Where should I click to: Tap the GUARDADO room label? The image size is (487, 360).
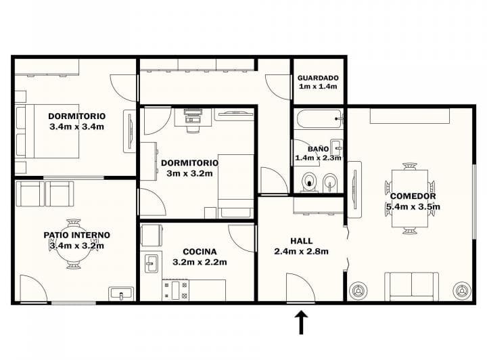[x=318, y=78]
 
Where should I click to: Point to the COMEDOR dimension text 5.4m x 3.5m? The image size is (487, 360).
[x=413, y=207]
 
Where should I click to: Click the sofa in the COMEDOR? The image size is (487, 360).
[x=411, y=286]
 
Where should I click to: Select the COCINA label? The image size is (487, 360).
[x=200, y=252]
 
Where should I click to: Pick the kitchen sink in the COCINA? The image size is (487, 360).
[x=151, y=263]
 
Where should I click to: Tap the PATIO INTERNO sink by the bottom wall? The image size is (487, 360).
[x=121, y=294]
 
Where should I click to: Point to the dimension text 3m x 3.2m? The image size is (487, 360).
[x=189, y=173]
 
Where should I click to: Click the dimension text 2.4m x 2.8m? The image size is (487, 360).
[x=301, y=252]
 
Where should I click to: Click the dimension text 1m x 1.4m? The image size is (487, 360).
[x=318, y=87]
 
